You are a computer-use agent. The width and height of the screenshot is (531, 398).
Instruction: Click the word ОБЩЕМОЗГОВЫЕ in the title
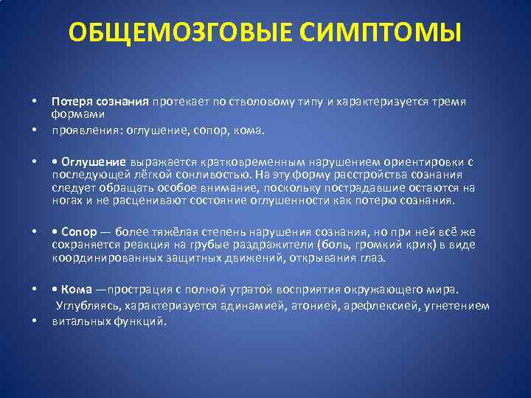point(173,33)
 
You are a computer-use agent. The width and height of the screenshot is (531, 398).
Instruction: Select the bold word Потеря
point(71,101)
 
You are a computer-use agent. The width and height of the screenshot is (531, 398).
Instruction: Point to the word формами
point(78,114)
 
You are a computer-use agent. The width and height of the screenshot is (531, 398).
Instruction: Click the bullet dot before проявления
point(34,130)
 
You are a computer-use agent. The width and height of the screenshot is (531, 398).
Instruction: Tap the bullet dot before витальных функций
point(34,322)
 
